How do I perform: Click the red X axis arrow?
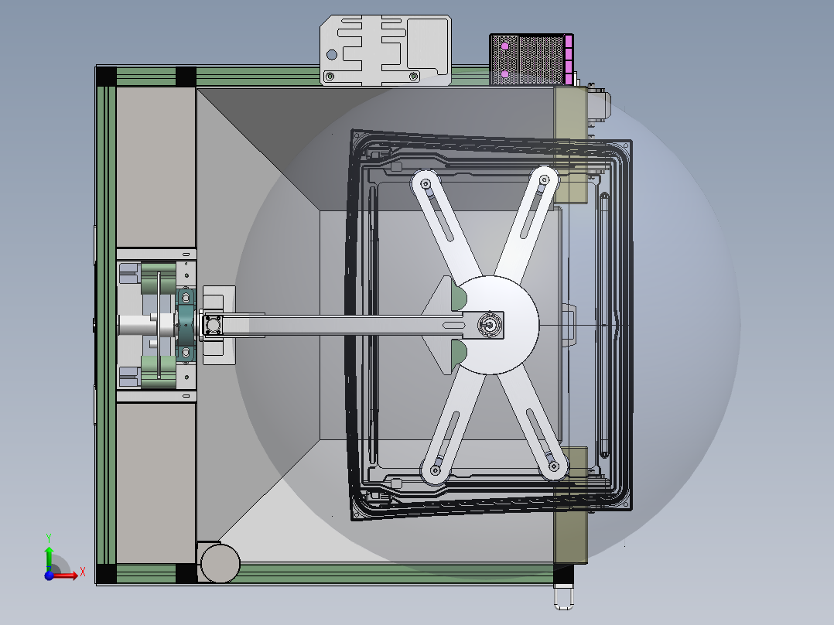pyautogui.click(x=65, y=575)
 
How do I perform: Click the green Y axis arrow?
pyautogui.click(x=49, y=558)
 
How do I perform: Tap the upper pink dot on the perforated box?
pyautogui.click(x=504, y=47)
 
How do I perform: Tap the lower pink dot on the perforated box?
pyautogui.click(x=504, y=74)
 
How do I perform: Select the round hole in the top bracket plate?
pyautogui.click(x=331, y=55)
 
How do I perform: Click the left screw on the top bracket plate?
pyautogui.click(x=330, y=77)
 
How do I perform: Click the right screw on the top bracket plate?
pyautogui.click(x=413, y=77)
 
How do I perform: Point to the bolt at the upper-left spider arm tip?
pyautogui.click(x=426, y=184)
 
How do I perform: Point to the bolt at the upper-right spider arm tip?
pyautogui.click(x=544, y=180)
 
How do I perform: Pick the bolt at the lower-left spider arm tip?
pyautogui.click(x=436, y=470)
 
